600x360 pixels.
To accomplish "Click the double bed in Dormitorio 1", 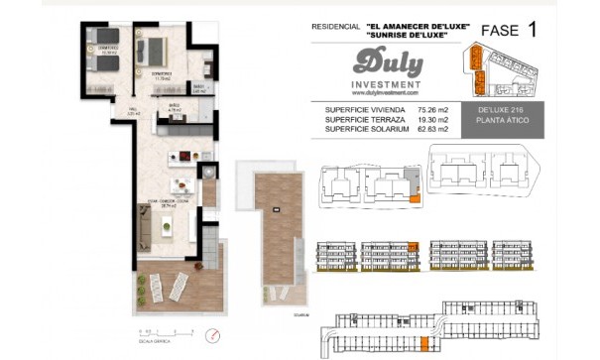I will tap(154, 51).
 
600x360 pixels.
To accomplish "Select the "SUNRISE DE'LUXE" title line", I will tap(416, 36).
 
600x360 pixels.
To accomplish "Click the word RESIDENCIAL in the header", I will tap(335, 27).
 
